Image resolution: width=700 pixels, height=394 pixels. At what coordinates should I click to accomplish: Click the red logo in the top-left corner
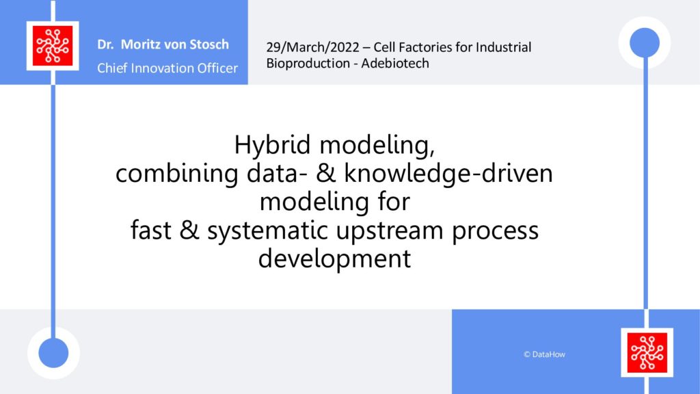pyautogui.click(x=53, y=46)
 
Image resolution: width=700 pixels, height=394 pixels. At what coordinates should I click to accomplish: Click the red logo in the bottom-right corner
pyautogui.click(x=647, y=352)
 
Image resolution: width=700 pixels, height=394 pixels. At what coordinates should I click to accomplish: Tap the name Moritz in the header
pyautogui.click(x=141, y=44)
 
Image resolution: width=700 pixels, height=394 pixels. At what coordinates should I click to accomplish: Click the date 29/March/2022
pyautogui.click(x=312, y=47)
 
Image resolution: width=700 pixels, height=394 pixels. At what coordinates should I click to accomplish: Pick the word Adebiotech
pyautogui.click(x=395, y=64)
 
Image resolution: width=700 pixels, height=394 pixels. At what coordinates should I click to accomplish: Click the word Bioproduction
pyautogui.click(x=308, y=64)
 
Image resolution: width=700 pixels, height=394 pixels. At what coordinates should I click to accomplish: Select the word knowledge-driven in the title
pyautogui.click(x=448, y=173)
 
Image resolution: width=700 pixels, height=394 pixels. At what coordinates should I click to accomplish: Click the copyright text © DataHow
pyautogui.click(x=544, y=354)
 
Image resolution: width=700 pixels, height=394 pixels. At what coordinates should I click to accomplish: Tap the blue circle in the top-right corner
pyautogui.click(x=645, y=42)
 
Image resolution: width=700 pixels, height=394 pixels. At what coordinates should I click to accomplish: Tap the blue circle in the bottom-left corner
pyautogui.click(x=53, y=353)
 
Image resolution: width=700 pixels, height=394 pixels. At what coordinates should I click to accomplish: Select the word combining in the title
pyautogui.click(x=177, y=174)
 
